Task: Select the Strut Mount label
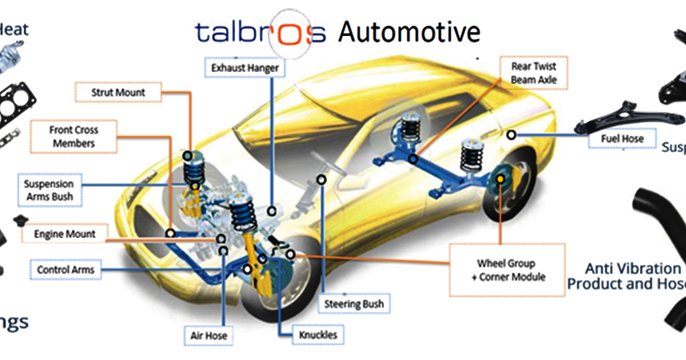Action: click(118, 92)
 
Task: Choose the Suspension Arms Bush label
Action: click(48, 190)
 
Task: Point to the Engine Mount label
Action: click(65, 234)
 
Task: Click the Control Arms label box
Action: click(65, 269)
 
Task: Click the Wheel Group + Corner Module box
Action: click(506, 270)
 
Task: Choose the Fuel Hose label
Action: click(621, 139)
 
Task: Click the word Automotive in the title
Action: click(408, 32)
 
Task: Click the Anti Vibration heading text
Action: click(633, 268)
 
